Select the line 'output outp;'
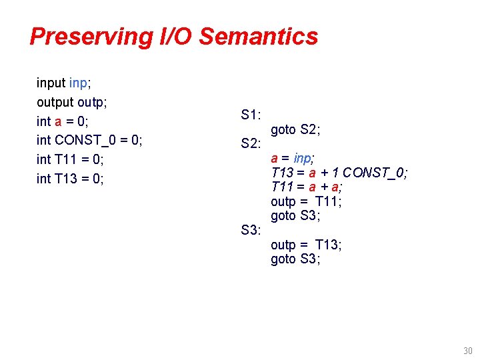point(72,102)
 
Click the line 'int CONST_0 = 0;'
point(89,141)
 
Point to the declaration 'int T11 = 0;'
point(70,159)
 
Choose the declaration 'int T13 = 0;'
point(70,179)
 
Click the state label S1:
point(251,115)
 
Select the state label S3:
point(251,231)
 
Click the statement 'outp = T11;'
point(306,202)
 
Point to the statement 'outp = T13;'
point(306,245)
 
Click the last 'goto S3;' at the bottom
point(295,259)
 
